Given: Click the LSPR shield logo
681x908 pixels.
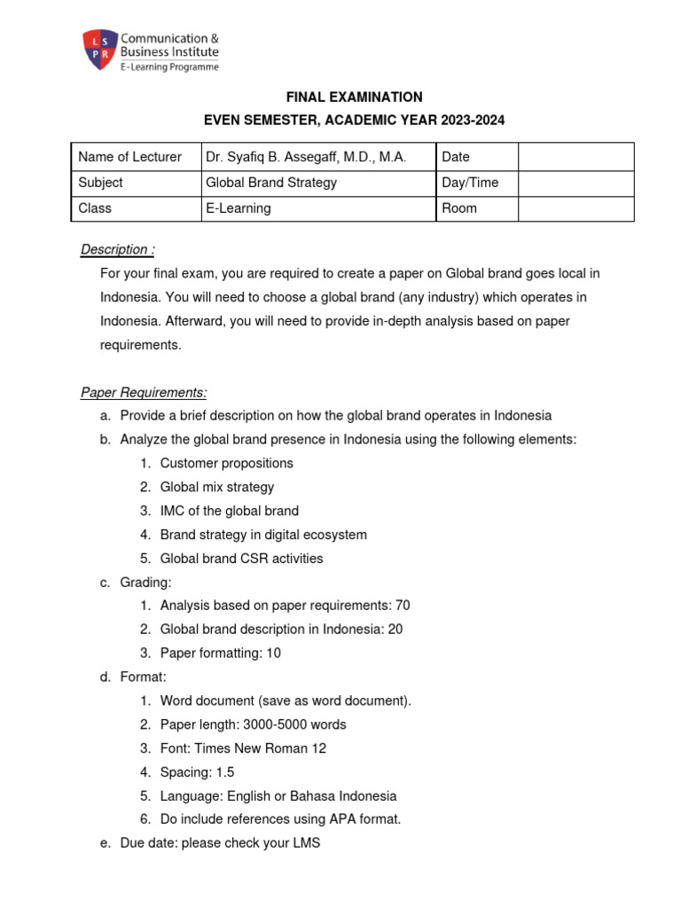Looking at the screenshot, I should (100, 51).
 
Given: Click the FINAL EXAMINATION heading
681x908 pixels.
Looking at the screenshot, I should (354, 98).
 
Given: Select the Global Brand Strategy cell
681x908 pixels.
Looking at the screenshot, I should (271, 183).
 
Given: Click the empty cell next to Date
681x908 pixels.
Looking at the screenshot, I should (575, 157).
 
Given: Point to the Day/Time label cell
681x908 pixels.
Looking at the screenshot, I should (470, 183).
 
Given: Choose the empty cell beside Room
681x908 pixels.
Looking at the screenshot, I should (575, 208).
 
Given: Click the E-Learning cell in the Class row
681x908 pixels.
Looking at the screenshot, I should (239, 208).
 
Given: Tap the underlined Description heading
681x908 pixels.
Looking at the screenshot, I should (118, 250).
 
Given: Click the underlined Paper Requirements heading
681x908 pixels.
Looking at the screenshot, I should (144, 392).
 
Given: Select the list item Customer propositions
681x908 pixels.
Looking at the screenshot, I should (226, 463).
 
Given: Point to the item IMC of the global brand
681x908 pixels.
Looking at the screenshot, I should (229, 511).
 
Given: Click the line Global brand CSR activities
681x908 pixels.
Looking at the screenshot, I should (241, 559).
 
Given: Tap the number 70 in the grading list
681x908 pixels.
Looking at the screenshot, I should (402, 606).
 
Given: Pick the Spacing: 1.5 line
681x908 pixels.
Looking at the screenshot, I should (197, 772).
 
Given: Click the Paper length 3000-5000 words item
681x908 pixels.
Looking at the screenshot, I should (253, 724).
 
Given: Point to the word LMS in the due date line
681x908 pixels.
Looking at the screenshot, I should (305, 844).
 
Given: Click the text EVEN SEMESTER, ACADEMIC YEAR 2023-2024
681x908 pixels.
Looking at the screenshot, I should (354, 121).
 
